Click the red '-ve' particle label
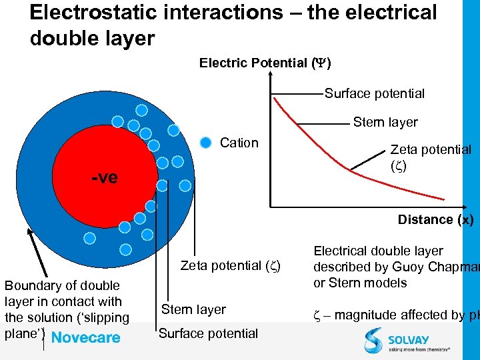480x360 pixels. [105, 177]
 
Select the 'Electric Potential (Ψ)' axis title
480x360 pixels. [265, 63]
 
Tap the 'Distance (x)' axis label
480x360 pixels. [435, 219]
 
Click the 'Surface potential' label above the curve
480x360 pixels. [374, 93]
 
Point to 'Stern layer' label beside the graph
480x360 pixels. [385, 122]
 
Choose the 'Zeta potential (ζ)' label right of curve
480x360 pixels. [430, 157]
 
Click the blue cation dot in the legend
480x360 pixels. [206, 142]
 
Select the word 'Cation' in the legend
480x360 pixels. [239, 143]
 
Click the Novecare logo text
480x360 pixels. [85, 337]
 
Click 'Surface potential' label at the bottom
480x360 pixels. [208, 333]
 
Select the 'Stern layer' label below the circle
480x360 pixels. [194, 309]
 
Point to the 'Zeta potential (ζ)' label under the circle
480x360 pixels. [230, 265]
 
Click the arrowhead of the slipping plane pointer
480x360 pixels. [31, 232]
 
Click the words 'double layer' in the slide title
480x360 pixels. [92, 38]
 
